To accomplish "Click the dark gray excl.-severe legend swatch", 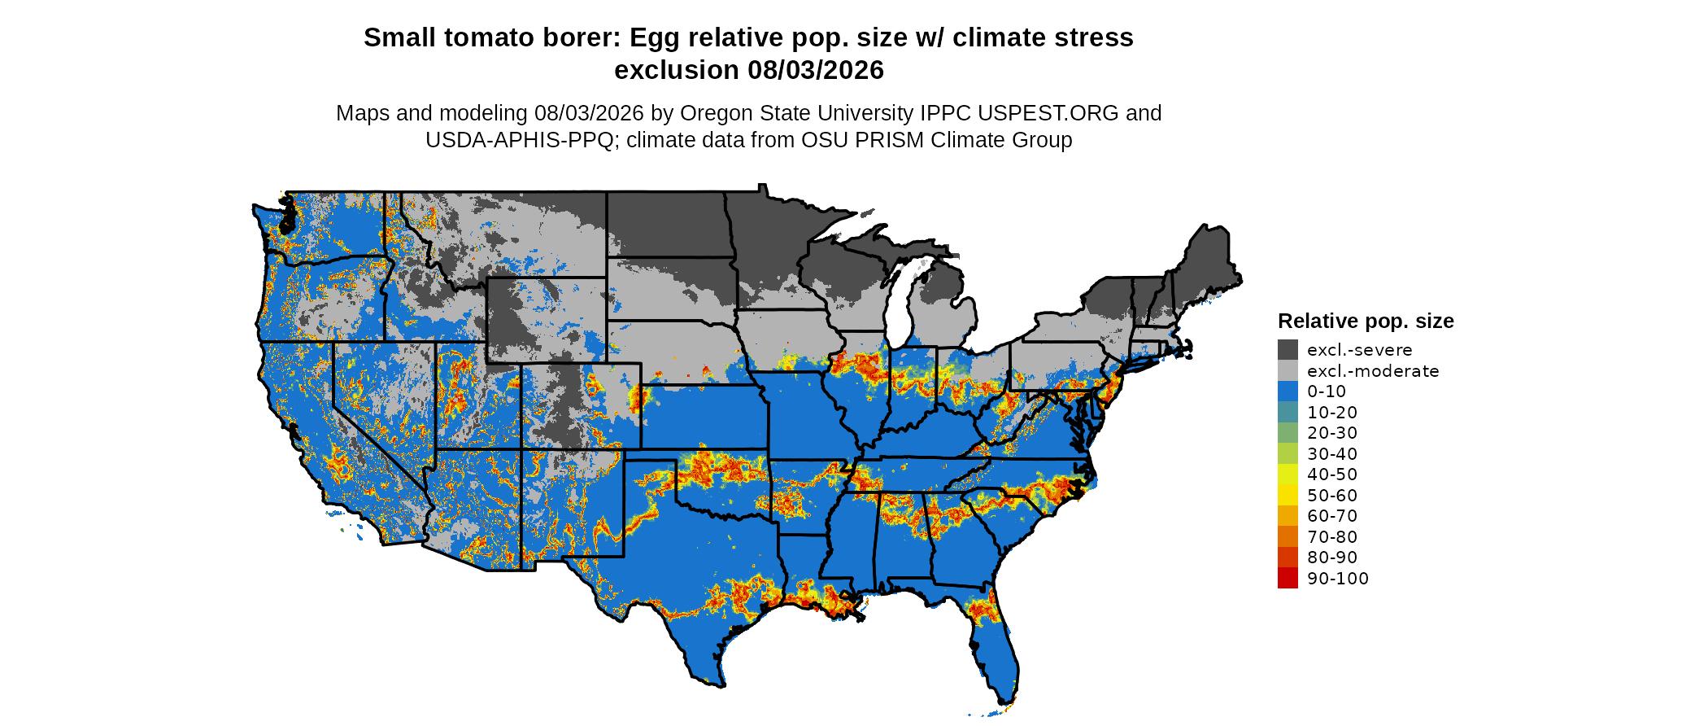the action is [x=1288, y=350].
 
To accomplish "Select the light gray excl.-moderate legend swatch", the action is [x=1288, y=370].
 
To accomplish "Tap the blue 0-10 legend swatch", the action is [x=1288, y=391].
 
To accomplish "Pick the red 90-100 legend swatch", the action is [x=1288, y=578].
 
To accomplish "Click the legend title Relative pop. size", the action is [x=1366, y=321].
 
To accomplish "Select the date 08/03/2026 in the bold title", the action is [x=816, y=71].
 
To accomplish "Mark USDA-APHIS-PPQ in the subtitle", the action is [x=519, y=140].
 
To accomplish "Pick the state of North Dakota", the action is [x=667, y=225].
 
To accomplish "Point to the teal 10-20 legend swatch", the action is [x=1288, y=412].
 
